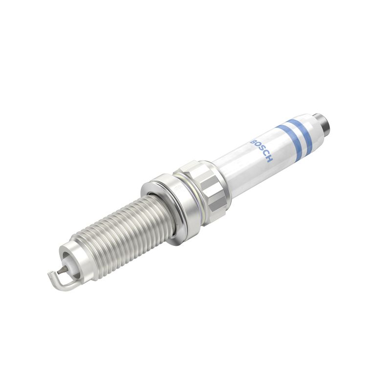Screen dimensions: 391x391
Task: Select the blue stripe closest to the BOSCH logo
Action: click(x=287, y=138)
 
